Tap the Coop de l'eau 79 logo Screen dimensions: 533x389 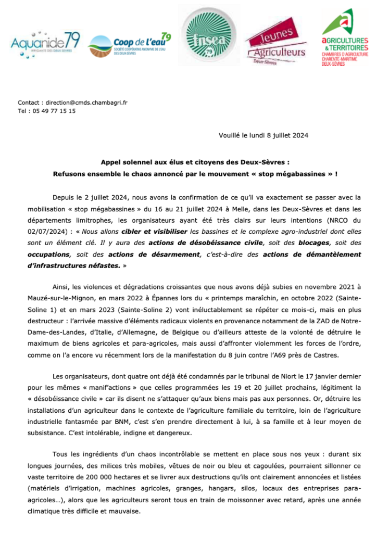(x=129, y=44)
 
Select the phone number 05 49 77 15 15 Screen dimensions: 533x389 (x=54, y=111)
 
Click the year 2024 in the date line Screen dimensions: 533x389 (x=300, y=136)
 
